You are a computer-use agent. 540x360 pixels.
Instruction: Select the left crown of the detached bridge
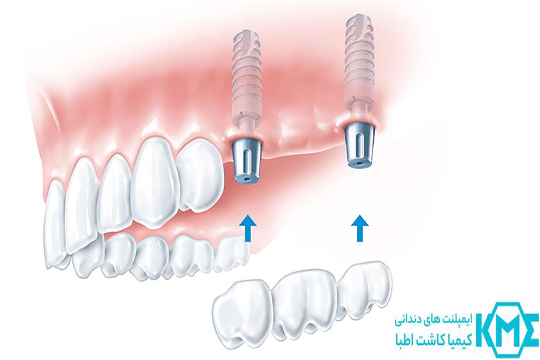pos(241,309)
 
